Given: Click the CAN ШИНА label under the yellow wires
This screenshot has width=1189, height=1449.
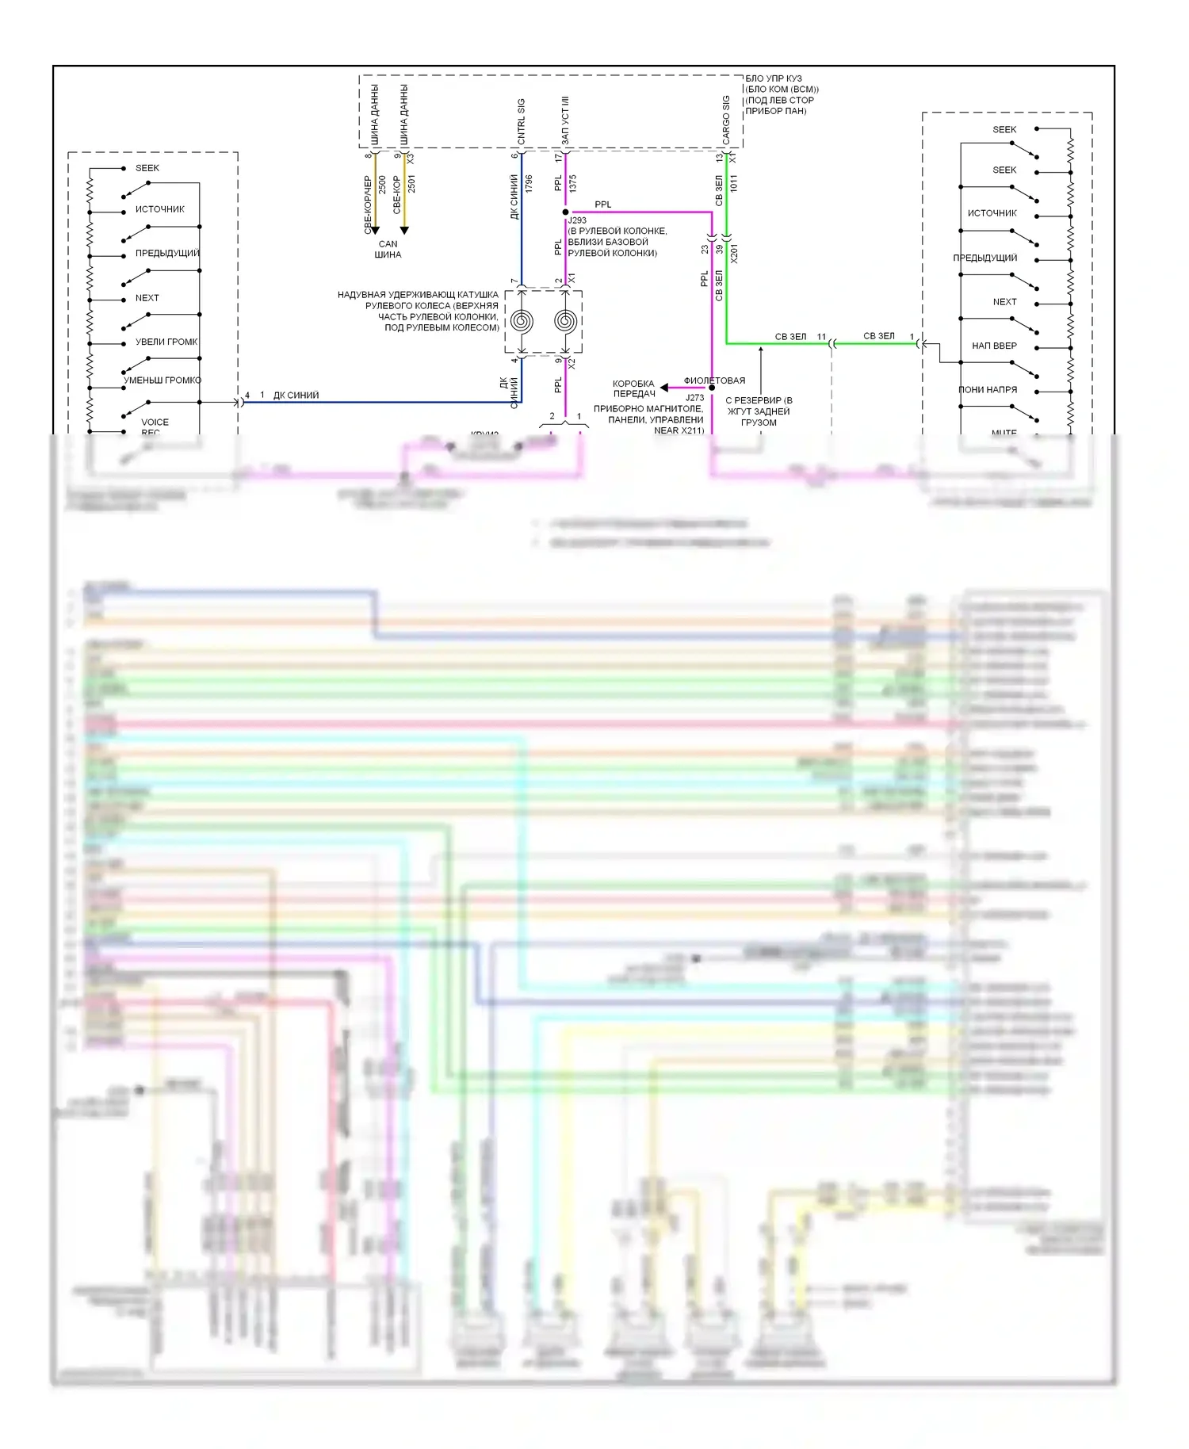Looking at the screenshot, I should point(388,249).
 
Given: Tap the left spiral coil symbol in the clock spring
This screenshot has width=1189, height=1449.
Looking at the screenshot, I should point(522,321).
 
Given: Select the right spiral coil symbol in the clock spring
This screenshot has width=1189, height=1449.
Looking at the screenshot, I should point(565,321).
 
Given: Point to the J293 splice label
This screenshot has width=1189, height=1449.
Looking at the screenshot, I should point(577,220).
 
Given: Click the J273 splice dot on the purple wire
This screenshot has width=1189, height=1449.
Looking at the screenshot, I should point(712,388).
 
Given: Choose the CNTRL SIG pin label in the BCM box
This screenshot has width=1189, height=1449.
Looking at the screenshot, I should point(521,121).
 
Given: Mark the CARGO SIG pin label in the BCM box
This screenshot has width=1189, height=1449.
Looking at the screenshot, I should point(725,120).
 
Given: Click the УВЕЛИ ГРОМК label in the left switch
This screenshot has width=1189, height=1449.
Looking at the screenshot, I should point(166,342).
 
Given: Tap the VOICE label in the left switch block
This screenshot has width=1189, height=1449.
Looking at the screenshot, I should point(155,422).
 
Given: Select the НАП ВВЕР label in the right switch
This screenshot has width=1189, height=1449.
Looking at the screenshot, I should point(994,346).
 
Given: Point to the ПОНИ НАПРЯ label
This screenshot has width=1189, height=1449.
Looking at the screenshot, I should point(988,389).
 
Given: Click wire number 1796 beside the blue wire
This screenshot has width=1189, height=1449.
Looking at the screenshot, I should point(529,184).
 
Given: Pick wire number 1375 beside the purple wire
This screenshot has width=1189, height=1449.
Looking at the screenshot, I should point(572,184).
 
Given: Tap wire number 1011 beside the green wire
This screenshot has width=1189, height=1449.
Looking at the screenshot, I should point(733,183).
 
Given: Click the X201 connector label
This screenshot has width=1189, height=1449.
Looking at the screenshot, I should point(734,254).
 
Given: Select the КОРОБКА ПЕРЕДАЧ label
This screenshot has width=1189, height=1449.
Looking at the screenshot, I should point(633,388).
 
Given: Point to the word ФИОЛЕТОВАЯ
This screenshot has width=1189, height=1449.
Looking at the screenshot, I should point(714,380).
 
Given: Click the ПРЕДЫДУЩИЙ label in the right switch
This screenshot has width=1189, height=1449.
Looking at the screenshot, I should point(984,258).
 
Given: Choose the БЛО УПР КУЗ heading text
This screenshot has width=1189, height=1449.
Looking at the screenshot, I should point(773,78).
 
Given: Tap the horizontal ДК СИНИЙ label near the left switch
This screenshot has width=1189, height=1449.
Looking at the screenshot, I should point(296,395).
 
